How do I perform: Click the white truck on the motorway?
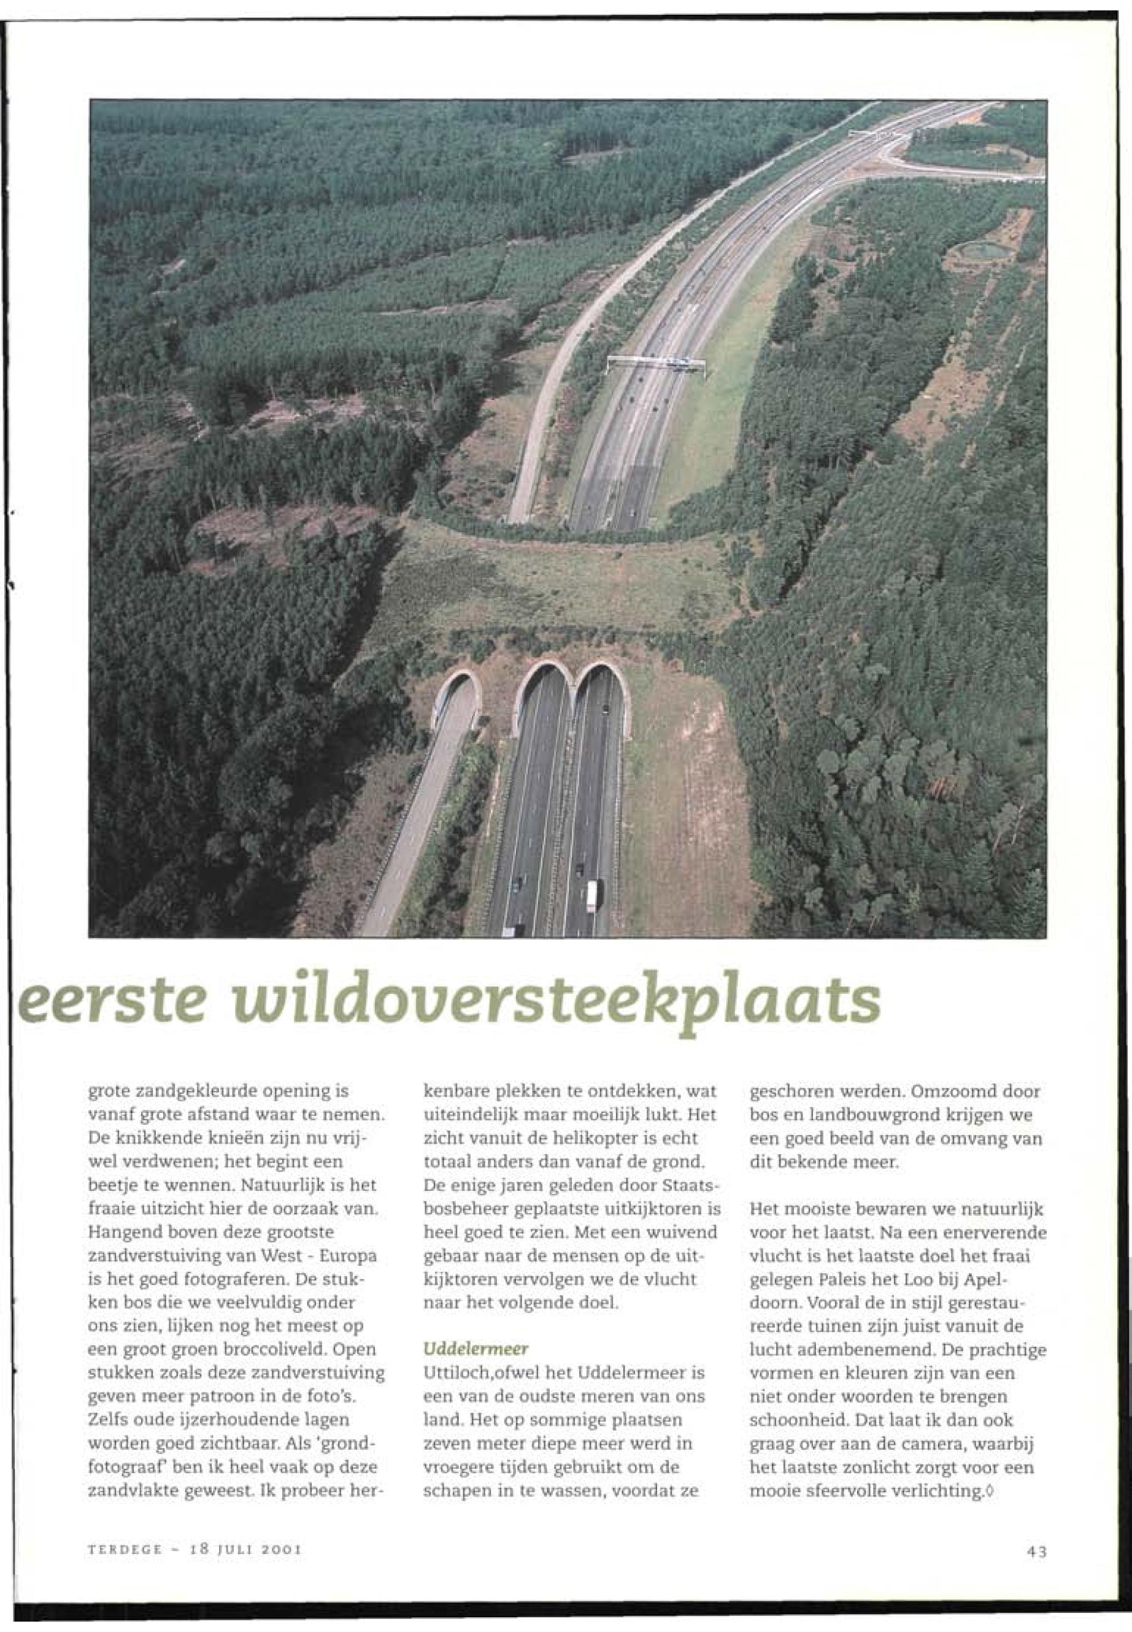(592, 895)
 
